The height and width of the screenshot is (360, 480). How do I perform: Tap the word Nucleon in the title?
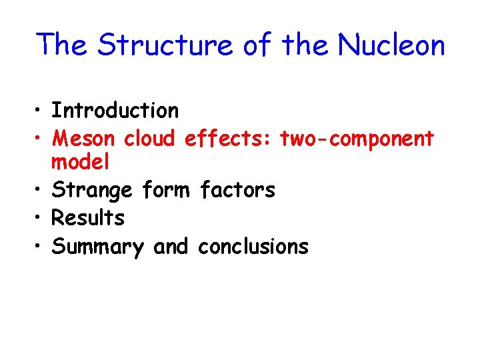[x=391, y=45]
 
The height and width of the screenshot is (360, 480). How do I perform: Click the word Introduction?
[x=115, y=110]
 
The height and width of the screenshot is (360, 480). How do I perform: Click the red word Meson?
[x=83, y=139]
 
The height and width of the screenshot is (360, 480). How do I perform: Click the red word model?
[x=81, y=162]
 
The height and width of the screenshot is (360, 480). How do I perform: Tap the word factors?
[x=238, y=191]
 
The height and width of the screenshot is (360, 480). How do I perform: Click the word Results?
[x=88, y=218]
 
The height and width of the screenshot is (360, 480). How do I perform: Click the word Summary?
[x=97, y=247]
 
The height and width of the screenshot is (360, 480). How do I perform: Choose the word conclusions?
[x=253, y=247]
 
